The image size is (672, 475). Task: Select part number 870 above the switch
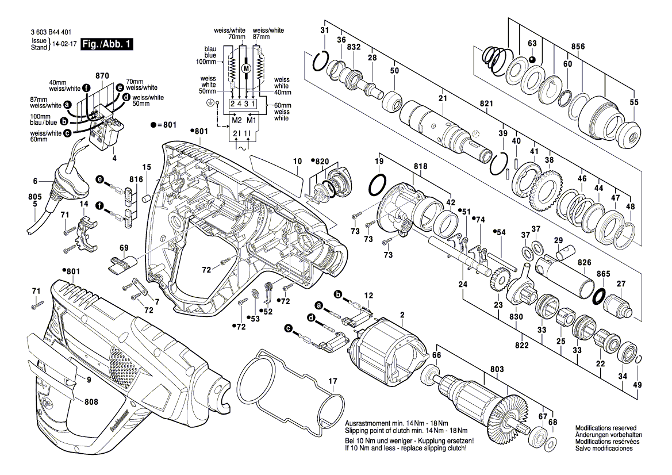pyautogui.click(x=102, y=76)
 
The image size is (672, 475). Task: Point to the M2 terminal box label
pyautogui.click(x=235, y=121)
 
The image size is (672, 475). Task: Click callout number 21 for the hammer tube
pyautogui.click(x=442, y=99)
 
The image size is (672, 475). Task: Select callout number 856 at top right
pyautogui.click(x=578, y=46)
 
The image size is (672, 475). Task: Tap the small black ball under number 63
pyautogui.click(x=532, y=59)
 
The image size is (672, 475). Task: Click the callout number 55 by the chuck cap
pyautogui.click(x=633, y=102)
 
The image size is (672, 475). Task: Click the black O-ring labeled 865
pyautogui.click(x=599, y=296)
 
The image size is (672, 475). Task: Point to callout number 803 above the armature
pyautogui.click(x=497, y=369)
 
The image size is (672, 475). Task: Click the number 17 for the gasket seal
pyautogui.click(x=332, y=381)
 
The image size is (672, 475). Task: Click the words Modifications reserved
pyautogui.click(x=605, y=428)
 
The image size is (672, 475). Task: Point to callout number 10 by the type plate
pyautogui.click(x=297, y=162)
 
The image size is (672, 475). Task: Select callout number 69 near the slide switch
pyautogui.click(x=124, y=248)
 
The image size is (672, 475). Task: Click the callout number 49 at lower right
pyautogui.click(x=636, y=384)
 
